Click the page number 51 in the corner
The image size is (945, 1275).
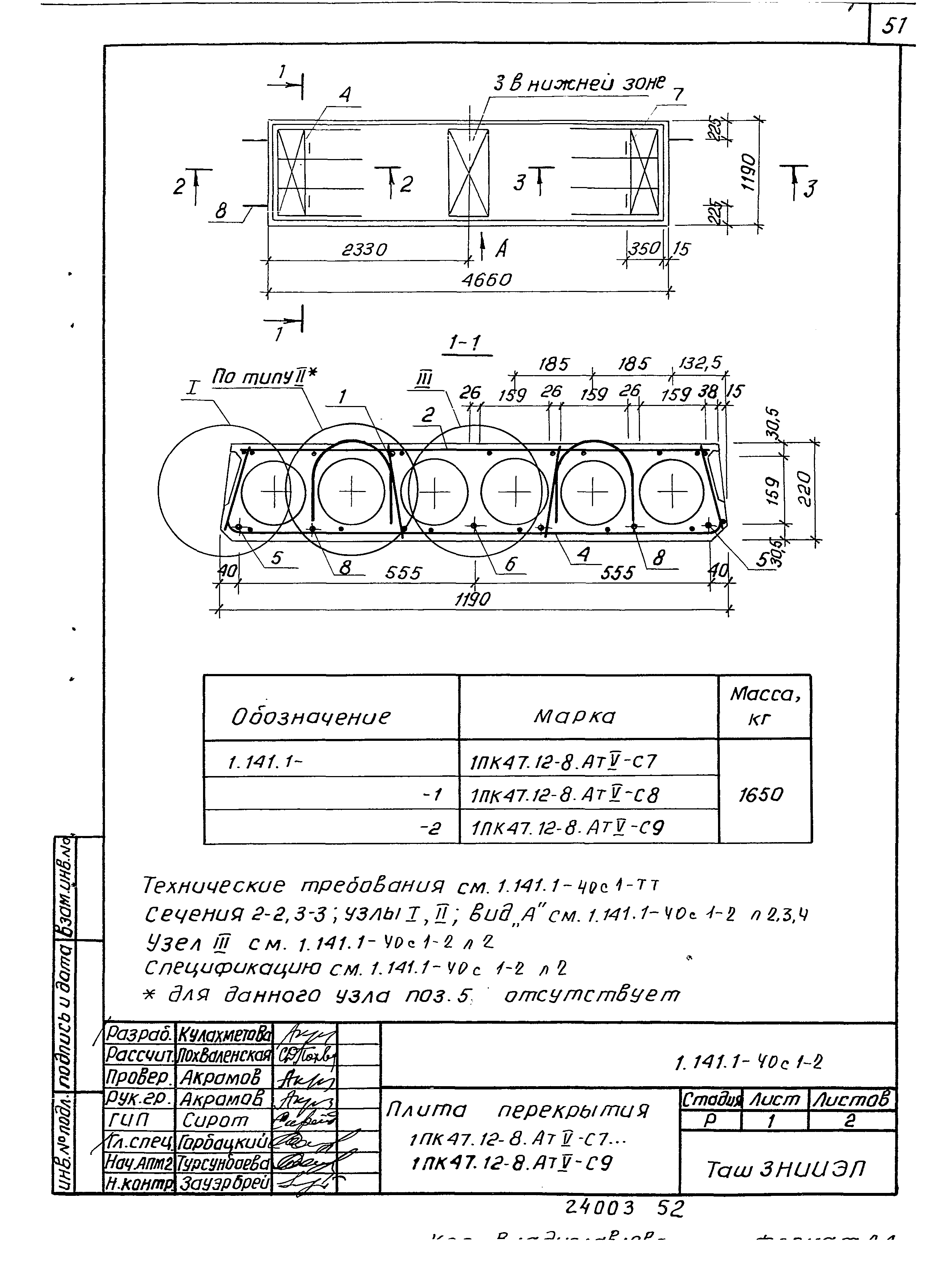coord(895,26)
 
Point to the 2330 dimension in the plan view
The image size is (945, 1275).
coord(364,250)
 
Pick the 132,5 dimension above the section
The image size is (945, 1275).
coord(700,363)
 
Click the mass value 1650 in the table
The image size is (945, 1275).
coord(760,795)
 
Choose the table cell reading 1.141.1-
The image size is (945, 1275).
coord(265,762)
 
